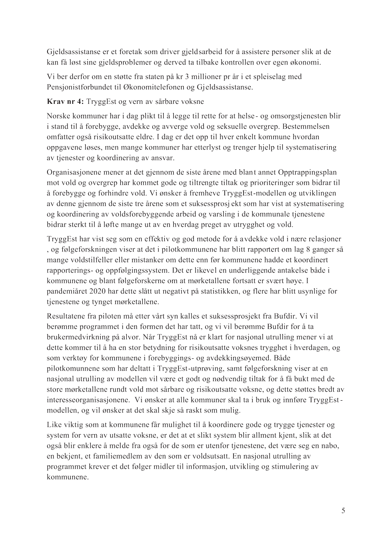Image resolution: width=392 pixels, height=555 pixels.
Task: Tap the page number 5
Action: click(x=343, y=511)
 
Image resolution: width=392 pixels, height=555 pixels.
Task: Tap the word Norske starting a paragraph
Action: click(x=57, y=116)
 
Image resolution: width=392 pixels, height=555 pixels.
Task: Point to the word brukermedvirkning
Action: click(x=74, y=337)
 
